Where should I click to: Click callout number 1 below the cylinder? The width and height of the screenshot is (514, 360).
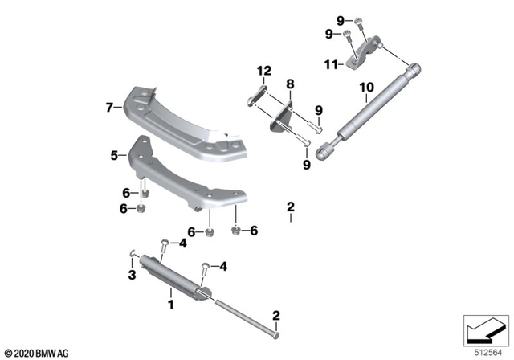pos(169,305)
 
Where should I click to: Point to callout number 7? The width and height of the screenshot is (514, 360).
pos(109,104)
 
